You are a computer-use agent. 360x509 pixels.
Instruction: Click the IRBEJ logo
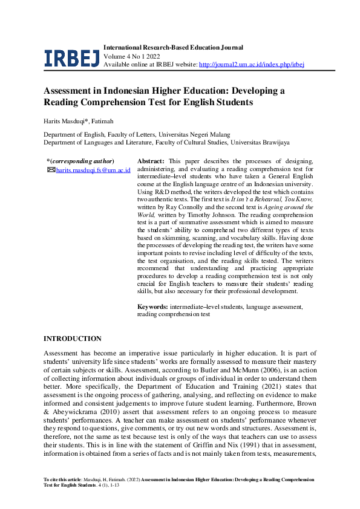point(71,57)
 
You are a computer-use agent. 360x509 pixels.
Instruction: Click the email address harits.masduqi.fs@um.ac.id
point(93,170)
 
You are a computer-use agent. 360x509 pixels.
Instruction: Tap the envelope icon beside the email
point(51,170)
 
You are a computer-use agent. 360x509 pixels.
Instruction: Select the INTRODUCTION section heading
point(73,339)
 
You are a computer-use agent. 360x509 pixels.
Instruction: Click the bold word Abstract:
point(151,161)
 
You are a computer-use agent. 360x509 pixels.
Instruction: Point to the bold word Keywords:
point(153,307)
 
